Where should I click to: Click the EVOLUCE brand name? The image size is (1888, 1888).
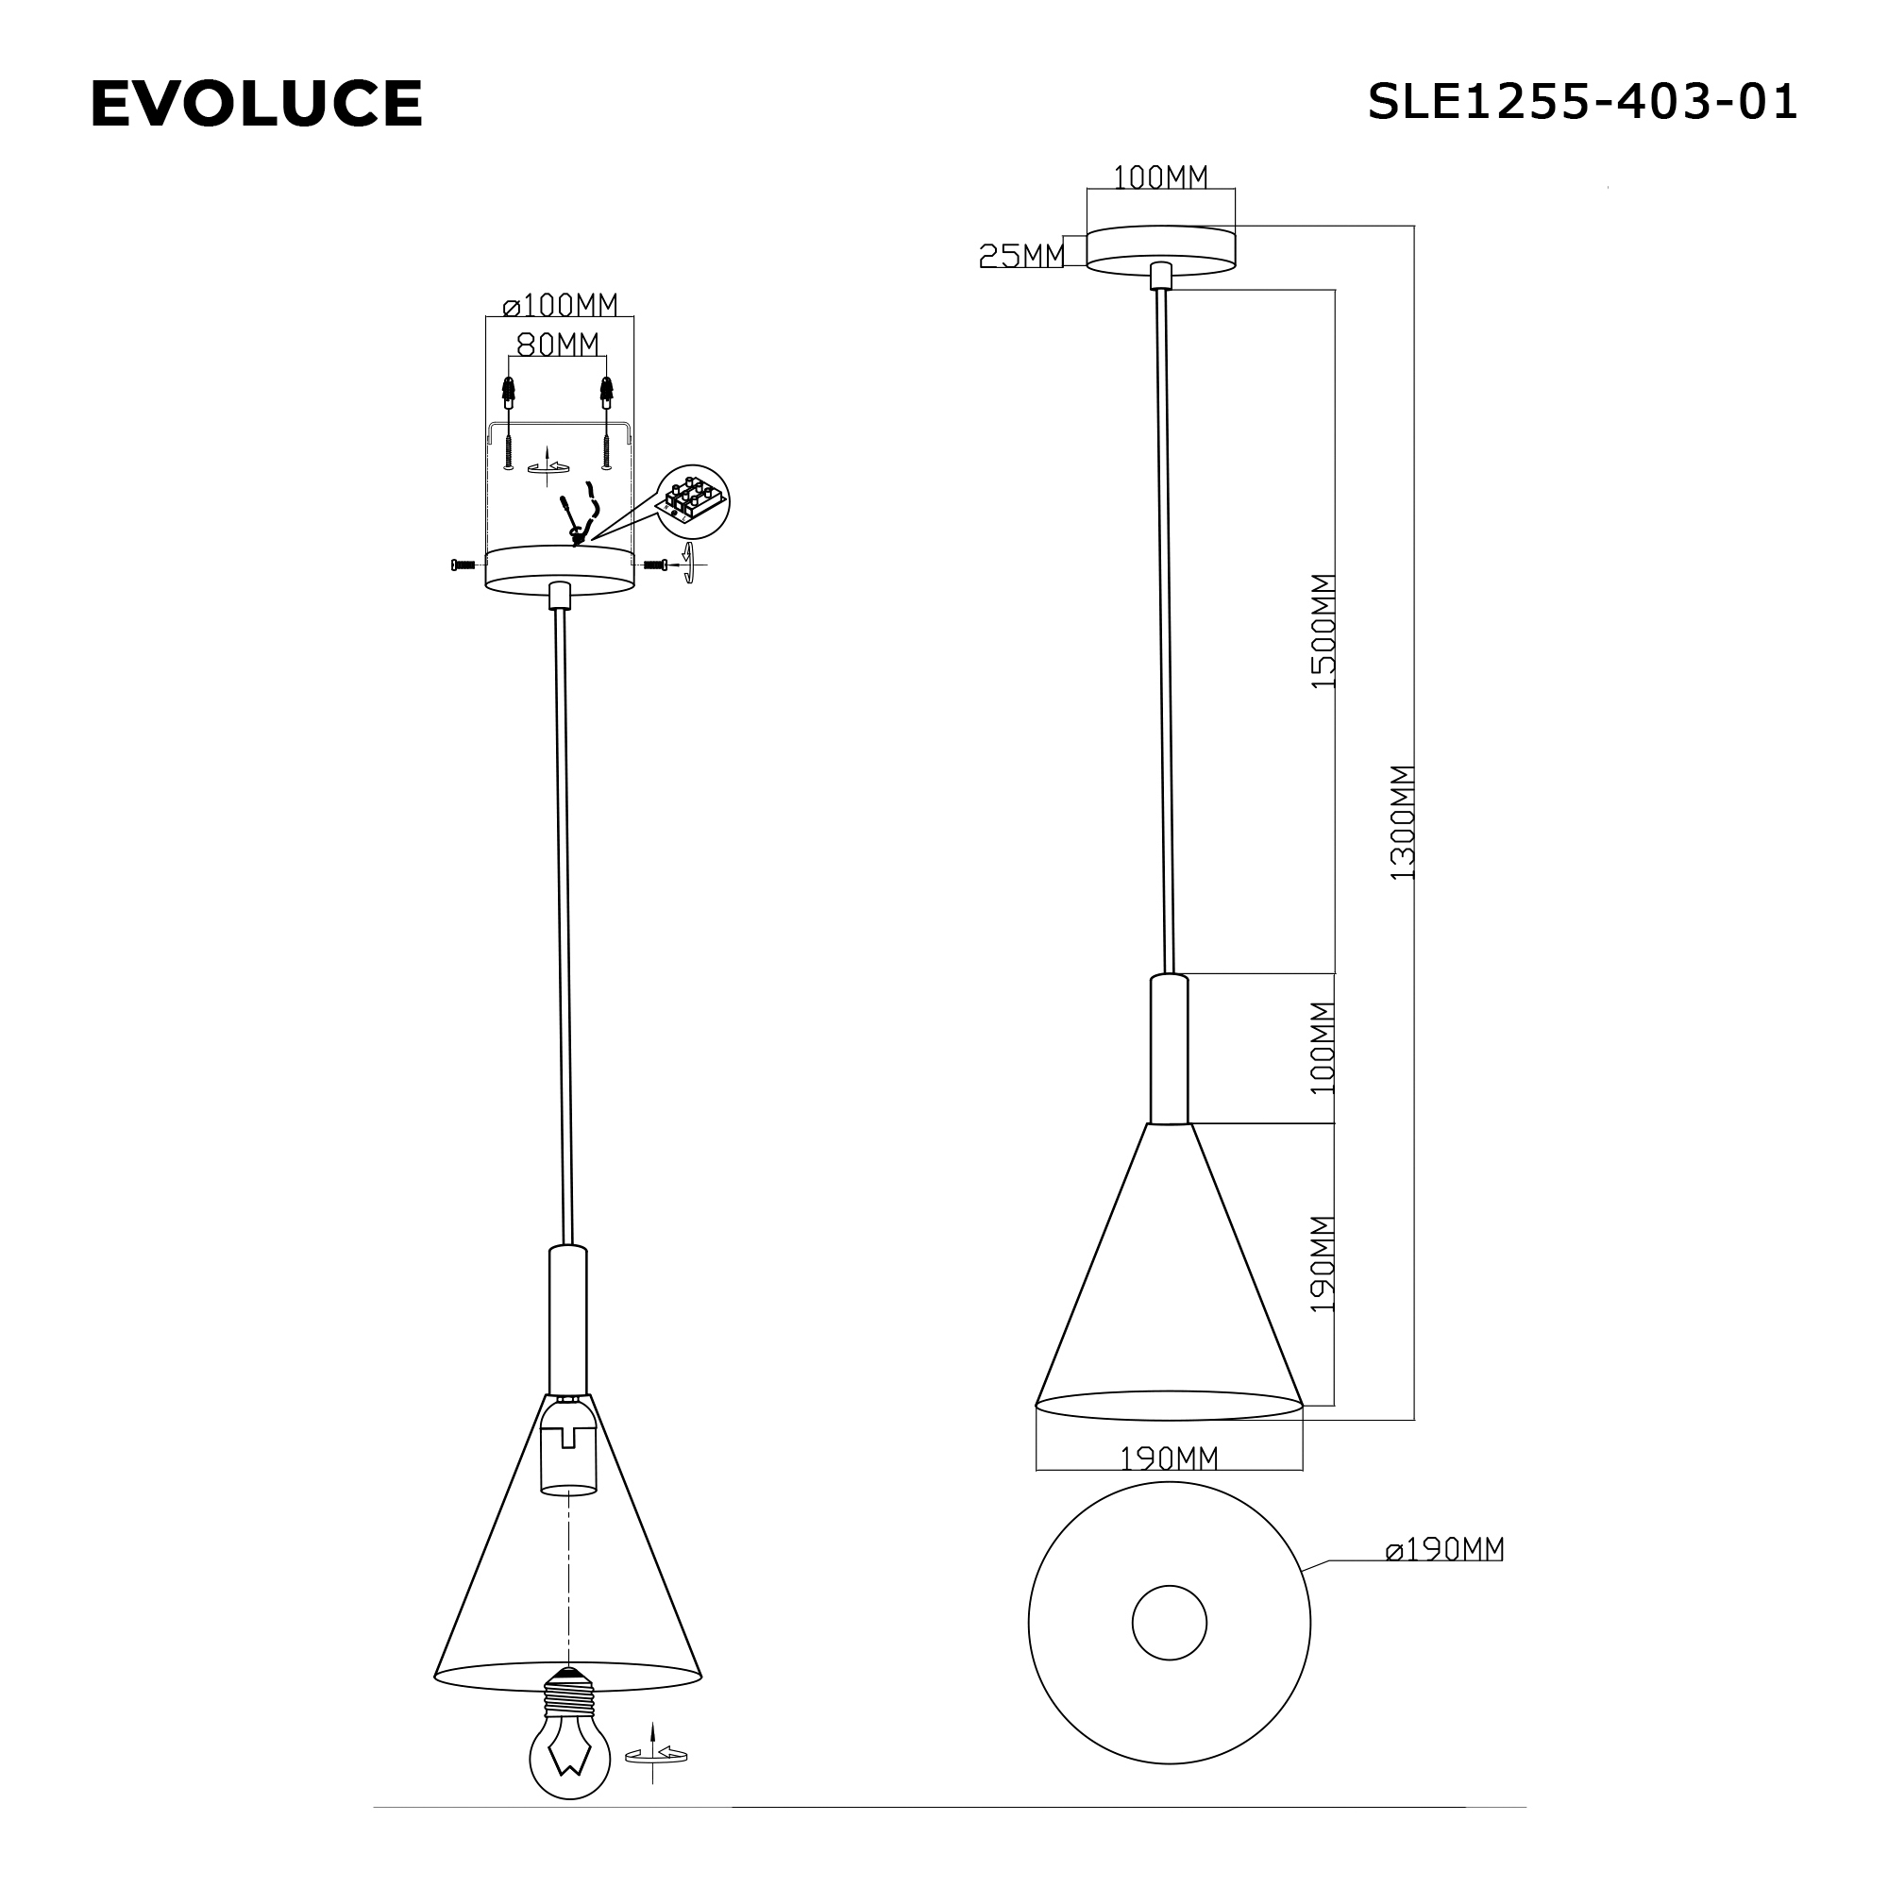[256, 104]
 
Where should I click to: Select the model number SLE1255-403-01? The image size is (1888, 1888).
[1581, 102]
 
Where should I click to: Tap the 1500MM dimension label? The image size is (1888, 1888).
[1323, 632]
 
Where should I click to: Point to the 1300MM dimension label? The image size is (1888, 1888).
[1403, 822]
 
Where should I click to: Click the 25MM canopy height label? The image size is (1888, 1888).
[1021, 255]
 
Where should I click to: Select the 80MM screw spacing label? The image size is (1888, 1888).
[557, 344]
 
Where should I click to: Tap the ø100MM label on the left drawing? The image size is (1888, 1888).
[560, 306]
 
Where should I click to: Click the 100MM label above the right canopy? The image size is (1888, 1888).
[1161, 177]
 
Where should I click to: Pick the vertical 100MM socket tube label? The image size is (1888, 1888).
[1323, 1048]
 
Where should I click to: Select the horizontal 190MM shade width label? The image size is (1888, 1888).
[1169, 1459]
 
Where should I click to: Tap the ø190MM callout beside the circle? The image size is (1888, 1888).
[1444, 1549]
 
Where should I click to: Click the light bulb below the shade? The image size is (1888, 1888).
[570, 1755]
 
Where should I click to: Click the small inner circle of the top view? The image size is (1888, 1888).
[1169, 1623]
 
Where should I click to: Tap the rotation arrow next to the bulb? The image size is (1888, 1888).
[657, 1754]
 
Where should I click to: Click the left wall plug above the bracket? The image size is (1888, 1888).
[508, 394]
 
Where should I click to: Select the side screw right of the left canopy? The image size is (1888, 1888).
[656, 564]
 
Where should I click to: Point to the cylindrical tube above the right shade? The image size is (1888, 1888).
[1169, 1050]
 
